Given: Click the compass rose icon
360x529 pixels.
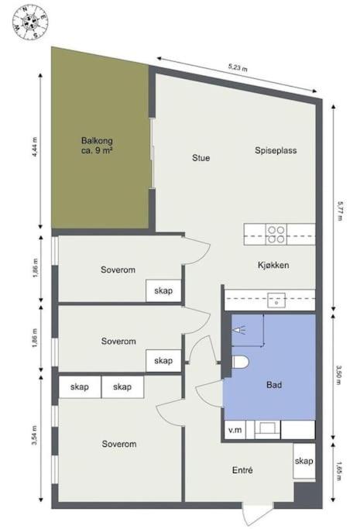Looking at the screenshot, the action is pos(31,22).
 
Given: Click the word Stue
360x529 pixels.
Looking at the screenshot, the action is pos(201,158).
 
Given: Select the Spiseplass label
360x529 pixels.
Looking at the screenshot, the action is pos(276,150).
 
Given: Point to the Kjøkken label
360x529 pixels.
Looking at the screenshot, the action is pos(273,265).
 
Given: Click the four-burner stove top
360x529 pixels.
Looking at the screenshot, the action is pos(276,235).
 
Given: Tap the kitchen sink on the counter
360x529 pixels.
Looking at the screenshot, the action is pos(276,301).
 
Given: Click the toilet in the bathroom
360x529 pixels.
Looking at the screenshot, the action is pos(240,362).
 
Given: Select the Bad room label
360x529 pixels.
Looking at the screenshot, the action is pos(274,385).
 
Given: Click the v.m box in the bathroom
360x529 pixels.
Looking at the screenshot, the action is pos(235,430).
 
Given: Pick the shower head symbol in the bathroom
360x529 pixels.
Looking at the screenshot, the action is pos(238,330).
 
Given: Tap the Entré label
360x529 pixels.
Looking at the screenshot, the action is pos(242,470).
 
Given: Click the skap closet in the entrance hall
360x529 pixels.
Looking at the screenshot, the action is pos(304,461).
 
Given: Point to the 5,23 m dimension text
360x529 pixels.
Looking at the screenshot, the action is pos(238,67).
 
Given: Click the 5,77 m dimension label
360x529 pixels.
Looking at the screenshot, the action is pos(339,211).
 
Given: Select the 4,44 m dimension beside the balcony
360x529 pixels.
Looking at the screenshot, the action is pos(35,147).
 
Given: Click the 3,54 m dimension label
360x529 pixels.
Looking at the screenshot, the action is pos(34,435).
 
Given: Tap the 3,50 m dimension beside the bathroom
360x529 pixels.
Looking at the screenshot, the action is pos(339,375).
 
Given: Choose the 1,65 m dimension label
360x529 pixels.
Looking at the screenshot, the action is pos(339,472).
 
